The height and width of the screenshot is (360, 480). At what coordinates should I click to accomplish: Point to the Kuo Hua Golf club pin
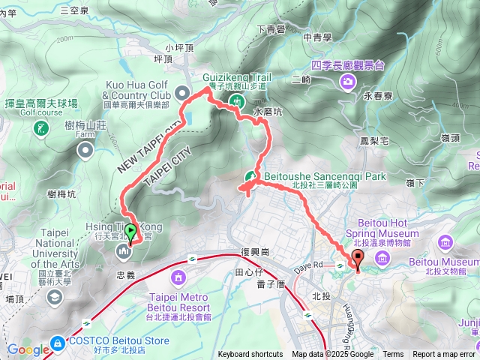click(x=182, y=93)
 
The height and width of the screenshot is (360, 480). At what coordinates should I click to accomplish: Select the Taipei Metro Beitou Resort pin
click(x=179, y=279)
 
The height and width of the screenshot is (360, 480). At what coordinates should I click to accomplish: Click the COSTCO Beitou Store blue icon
click(x=57, y=343)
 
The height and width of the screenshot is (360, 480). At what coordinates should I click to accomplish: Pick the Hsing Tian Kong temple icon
click(x=121, y=254)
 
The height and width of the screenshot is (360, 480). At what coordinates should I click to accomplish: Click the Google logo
click(x=28, y=349)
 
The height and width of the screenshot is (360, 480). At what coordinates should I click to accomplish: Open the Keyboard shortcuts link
click(x=250, y=355)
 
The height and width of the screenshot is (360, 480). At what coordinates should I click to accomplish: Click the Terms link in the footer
click(x=393, y=355)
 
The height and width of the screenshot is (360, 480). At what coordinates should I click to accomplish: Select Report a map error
click(x=443, y=355)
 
